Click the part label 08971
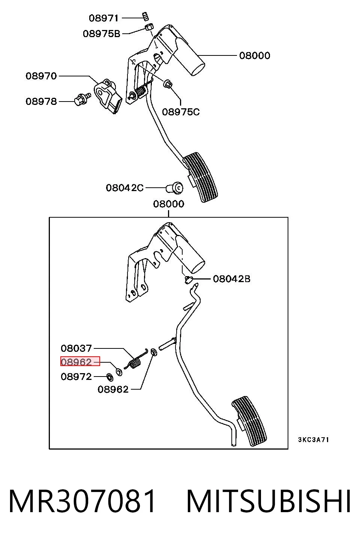103,18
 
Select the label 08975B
102,34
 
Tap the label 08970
41,76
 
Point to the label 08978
41,101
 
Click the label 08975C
181,112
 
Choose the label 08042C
125,188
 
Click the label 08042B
232,279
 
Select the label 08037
76,348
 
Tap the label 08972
76,377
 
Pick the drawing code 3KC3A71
313,439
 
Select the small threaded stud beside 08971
145,16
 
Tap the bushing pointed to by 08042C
175,188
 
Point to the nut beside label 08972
110,377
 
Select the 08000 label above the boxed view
169,204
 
